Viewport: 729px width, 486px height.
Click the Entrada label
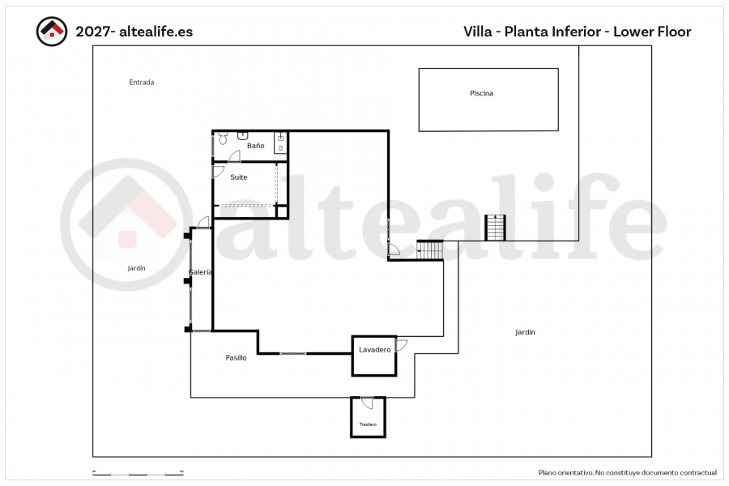tap(141, 83)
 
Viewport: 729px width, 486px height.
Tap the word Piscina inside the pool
tap(481, 93)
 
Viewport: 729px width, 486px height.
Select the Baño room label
tap(255, 146)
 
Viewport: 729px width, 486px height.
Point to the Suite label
tap(238, 177)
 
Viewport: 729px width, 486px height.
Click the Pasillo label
tap(236, 358)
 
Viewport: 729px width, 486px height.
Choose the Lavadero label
tap(375, 350)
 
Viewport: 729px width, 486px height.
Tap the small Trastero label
tap(368, 424)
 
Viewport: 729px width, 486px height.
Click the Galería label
tap(200, 272)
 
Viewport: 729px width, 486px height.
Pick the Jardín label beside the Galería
tap(136, 268)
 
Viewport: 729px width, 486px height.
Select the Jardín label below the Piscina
tap(525, 332)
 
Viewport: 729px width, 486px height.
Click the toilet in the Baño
tap(223, 138)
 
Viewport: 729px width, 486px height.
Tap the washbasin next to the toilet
tap(243, 135)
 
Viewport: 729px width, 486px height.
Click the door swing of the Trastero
tap(367, 403)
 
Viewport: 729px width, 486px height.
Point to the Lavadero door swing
tap(401, 345)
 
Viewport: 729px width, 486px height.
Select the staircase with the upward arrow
tap(495, 228)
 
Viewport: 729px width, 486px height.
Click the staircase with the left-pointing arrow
tap(429, 250)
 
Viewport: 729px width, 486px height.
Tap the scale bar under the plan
tap(138, 473)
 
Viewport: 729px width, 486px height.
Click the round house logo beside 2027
tap(52, 32)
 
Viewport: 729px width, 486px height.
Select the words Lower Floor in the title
tap(652, 32)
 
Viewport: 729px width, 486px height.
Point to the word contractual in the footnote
tap(698, 472)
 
